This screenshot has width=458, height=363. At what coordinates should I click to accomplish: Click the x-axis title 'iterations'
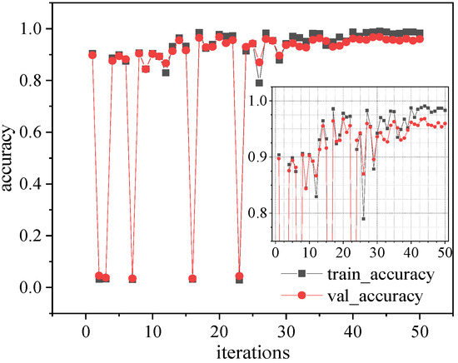(252, 351)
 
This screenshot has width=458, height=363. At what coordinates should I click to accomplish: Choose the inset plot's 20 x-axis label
(341, 250)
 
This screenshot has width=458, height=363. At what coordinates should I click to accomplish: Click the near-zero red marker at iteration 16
(192, 279)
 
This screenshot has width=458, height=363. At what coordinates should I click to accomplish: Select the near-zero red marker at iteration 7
(132, 279)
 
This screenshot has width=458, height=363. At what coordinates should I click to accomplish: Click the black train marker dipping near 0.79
(259, 83)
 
